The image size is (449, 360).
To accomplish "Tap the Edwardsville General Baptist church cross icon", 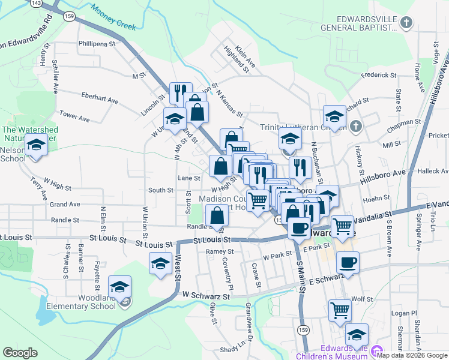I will pyautogui.click(x=406, y=23).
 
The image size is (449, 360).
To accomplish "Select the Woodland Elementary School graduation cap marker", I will pyautogui.click(x=120, y=287).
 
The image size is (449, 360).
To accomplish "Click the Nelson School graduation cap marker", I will pyautogui.click(x=36, y=145).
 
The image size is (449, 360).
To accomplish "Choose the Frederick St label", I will pyautogui.click(x=379, y=76).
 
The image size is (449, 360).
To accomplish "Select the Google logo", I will pyautogui.click(x=20, y=353).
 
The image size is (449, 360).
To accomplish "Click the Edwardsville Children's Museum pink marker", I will pyautogui.click(x=377, y=351).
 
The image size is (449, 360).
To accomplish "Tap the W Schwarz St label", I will pyautogui.click(x=206, y=296).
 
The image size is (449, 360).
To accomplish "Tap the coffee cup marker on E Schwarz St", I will pyautogui.click(x=348, y=262).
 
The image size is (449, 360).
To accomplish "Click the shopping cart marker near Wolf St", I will pyautogui.click(x=340, y=310).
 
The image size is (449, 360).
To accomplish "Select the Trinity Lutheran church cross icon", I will pyautogui.click(x=355, y=127).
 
